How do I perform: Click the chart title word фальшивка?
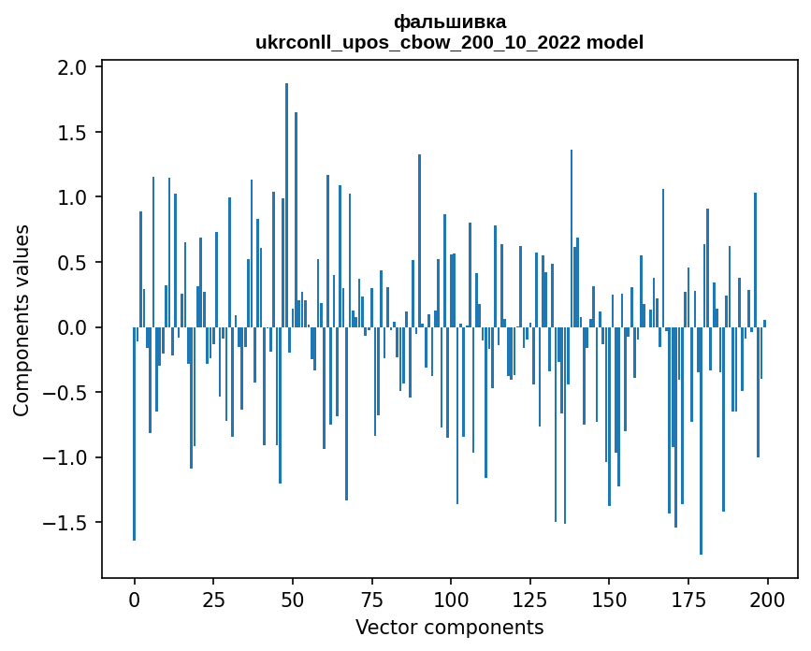pyautogui.click(x=450, y=22)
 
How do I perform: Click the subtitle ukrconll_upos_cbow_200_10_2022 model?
pyautogui.click(x=450, y=42)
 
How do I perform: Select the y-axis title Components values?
pyautogui.click(x=22, y=320)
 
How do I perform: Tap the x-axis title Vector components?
pyautogui.click(x=449, y=627)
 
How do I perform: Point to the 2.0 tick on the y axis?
pyautogui.click(x=72, y=67)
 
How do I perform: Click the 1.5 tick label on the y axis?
pyautogui.click(x=72, y=133)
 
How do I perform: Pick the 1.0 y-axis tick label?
pyautogui.click(x=72, y=197)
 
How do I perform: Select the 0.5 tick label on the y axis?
pyautogui.click(x=72, y=263)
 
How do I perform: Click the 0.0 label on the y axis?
pyautogui.click(x=72, y=327)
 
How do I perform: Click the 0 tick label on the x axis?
pyautogui.click(x=135, y=598)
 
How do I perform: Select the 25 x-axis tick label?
pyautogui.click(x=213, y=598)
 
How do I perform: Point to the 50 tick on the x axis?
pyautogui.click(x=293, y=598)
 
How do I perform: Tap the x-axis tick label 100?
pyautogui.click(x=451, y=598)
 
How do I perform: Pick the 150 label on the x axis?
pyautogui.click(x=609, y=598)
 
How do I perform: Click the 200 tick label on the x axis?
pyautogui.click(x=767, y=598)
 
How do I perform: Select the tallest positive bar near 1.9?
pyautogui.click(x=286, y=187)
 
